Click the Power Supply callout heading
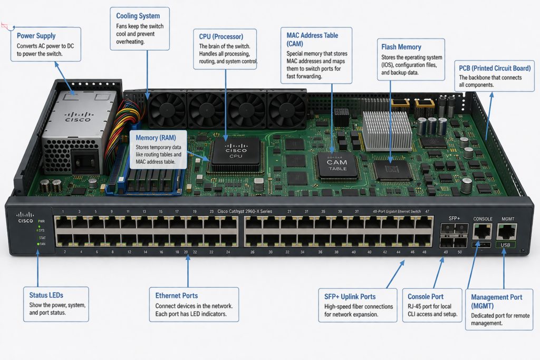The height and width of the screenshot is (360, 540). pos(35,36)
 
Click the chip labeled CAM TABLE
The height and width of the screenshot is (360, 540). pos(337,165)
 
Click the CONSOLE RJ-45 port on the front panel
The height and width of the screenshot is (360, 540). pos(483,231)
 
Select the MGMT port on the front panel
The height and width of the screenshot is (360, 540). pos(507,231)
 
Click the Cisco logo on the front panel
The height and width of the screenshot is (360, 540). pos(25,217)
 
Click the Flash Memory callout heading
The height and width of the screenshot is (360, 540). pos(401,47)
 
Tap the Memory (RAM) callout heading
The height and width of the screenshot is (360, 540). pos(156,138)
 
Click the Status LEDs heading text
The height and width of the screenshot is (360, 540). pos(47,295)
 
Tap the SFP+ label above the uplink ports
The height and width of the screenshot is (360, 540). pos(454,218)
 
